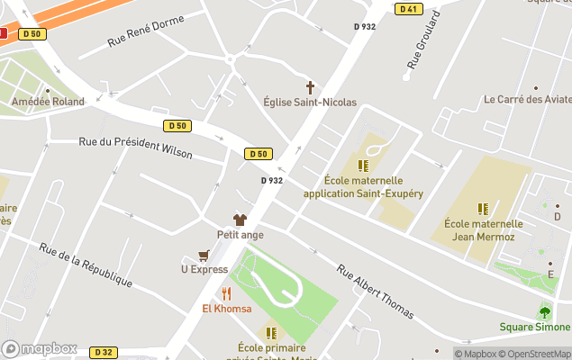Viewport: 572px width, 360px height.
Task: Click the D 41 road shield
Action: (x=408, y=9)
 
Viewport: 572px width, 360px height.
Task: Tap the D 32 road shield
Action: (x=104, y=352)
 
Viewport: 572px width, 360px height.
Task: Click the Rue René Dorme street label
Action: (x=145, y=30)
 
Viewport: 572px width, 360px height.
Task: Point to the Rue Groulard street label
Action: (x=424, y=40)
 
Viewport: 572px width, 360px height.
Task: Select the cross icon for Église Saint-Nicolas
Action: (x=311, y=87)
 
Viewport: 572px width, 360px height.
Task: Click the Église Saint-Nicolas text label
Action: (x=310, y=103)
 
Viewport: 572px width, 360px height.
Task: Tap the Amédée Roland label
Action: (x=48, y=102)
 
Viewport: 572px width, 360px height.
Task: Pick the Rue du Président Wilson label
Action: (x=135, y=147)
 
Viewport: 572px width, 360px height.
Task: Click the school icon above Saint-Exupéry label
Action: (x=363, y=166)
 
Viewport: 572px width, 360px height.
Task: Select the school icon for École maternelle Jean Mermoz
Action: (x=484, y=209)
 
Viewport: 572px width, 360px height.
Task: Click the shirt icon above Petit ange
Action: (x=240, y=220)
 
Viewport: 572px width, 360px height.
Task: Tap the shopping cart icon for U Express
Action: (x=204, y=255)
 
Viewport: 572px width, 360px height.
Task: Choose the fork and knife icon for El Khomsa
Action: (x=226, y=293)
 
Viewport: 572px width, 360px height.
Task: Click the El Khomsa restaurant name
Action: (x=226, y=309)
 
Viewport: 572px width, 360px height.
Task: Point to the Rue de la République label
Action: (x=86, y=267)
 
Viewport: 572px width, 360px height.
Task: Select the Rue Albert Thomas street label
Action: (x=375, y=292)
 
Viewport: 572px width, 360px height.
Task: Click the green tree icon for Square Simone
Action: (x=544, y=312)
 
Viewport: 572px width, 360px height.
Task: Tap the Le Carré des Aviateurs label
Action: (x=527, y=100)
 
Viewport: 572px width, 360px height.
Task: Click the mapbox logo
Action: (x=40, y=348)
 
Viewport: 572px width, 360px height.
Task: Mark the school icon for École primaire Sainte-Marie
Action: (x=271, y=333)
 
